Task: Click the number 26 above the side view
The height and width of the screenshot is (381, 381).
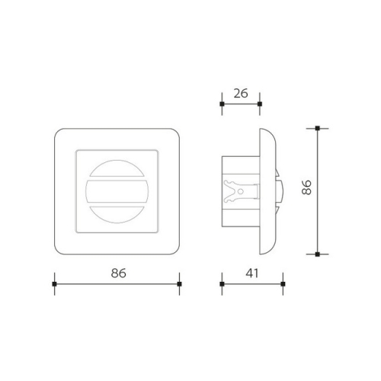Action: (240, 94)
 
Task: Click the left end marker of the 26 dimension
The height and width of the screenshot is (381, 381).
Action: (221, 103)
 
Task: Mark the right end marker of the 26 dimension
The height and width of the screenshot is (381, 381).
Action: (260, 103)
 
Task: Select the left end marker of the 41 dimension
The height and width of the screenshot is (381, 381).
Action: (221, 284)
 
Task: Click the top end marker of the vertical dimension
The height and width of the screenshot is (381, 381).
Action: (318, 127)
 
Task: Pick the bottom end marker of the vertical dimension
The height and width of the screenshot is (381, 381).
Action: (318, 254)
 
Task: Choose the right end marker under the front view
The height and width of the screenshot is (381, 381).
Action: (179, 284)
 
